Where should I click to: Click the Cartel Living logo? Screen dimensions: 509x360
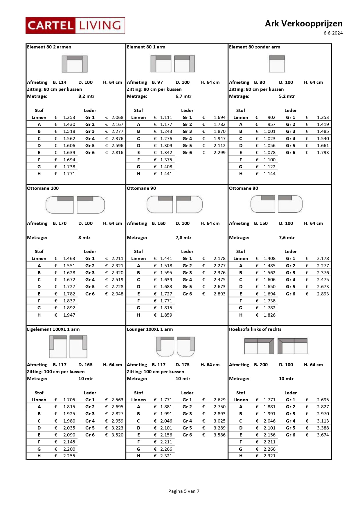coord(75,26)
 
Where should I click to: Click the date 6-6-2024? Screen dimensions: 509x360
coord(333,33)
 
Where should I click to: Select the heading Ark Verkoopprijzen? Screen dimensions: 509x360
coord(303,24)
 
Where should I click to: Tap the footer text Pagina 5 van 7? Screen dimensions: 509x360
coord(184,491)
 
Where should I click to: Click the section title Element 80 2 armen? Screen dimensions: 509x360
coord(49,47)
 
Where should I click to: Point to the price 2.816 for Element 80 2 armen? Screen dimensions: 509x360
coord(117,153)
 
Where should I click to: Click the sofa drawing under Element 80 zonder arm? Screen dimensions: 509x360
coord(277,64)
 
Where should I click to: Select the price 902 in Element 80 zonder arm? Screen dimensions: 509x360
coord(271,118)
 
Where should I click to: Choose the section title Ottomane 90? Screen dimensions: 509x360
coord(141,188)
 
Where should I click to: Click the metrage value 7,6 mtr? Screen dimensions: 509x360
coord(287,238)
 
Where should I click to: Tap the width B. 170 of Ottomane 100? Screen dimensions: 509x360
coord(60,223)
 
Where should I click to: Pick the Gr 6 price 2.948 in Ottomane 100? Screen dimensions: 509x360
coord(117,294)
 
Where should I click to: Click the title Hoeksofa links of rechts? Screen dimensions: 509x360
coord(255,329)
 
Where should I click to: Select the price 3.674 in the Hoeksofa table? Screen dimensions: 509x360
coord(323,435)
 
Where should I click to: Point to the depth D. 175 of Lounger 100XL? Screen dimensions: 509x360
coord(183,365)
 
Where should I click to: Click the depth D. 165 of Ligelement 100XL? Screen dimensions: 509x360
coord(85,365)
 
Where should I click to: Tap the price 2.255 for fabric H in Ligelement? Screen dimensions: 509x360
coord(69,456)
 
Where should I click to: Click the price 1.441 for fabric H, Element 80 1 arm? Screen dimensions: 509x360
coord(166,174)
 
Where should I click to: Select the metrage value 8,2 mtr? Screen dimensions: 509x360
coord(86,96)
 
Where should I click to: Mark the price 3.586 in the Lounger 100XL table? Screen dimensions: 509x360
coord(219,435)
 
